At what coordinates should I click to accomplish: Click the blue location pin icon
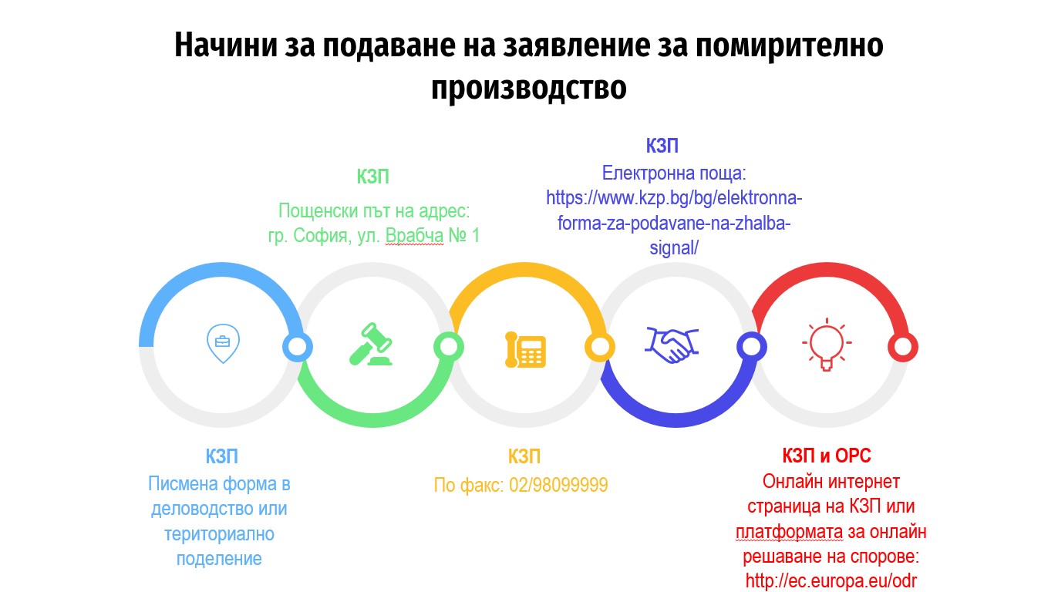[x=223, y=343]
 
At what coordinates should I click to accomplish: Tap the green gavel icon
[x=371, y=344]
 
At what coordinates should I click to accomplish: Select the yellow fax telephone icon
[x=525, y=350]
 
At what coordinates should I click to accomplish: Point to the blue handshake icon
[x=672, y=345]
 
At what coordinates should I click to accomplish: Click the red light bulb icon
[x=827, y=344]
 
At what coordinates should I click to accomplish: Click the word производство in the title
[x=528, y=87]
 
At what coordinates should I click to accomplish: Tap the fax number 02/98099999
[x=558, y=485]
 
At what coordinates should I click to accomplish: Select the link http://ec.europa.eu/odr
[x=831, y=580]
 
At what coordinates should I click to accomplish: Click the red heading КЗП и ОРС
[x=827, y=456]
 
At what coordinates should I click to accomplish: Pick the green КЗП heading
[x=372, y=177]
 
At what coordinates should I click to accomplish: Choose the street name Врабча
[x=414, y=236]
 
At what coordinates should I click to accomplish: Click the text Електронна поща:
[x=674, y=173]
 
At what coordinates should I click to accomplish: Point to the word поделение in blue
[x=219, y=559]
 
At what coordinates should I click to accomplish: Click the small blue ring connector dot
[x=298, y=347]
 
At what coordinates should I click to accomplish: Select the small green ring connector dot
[x=449, y=347]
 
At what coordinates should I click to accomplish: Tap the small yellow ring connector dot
[x=600, y=347]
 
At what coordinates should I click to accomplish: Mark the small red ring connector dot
[x=902, y=347]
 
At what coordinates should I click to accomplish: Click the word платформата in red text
[x=789, y=532]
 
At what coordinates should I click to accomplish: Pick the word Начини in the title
[x=226, y=45]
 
